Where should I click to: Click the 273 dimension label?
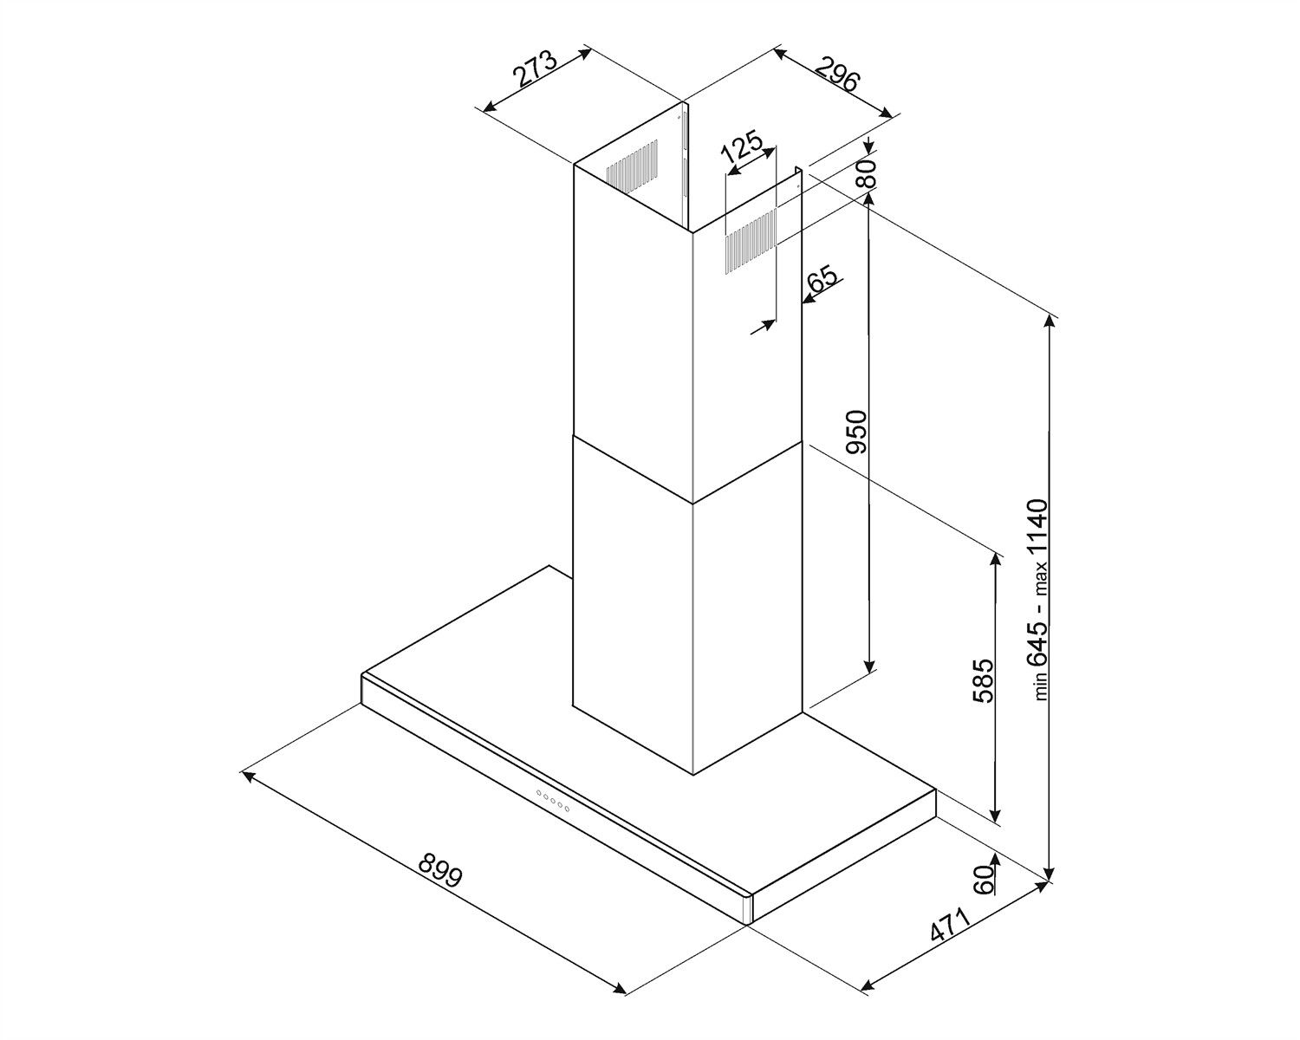pos(535,68)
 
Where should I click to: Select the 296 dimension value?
pos(836,73)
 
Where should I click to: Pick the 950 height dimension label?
pos(856,432)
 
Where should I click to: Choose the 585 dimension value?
pos(983,680)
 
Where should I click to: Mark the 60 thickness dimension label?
pos(984,880)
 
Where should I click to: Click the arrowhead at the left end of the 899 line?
pos(248,776)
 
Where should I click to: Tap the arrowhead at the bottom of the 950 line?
pos(869,666)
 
